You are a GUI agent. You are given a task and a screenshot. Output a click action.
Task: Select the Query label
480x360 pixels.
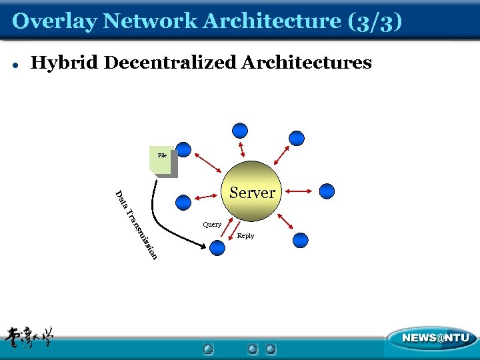(x=212, y=225)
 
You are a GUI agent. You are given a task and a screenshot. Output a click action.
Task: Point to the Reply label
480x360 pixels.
(x=245, y=236)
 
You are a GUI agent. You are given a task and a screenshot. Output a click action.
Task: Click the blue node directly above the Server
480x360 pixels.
(x=240, y=131)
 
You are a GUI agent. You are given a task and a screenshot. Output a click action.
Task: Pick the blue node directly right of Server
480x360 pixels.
(x=327, y=191)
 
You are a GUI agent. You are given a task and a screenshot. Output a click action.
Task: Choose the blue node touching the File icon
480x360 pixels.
(x=183, y=149)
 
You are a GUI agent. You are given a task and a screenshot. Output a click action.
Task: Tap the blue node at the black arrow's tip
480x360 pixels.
(x=218, y=248)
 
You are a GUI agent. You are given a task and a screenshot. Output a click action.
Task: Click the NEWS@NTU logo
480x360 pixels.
(x=431, y=339)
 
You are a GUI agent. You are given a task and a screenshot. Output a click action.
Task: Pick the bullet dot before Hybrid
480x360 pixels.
(x=15, y=65)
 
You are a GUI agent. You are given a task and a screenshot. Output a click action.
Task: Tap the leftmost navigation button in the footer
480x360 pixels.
(x=209, y=349)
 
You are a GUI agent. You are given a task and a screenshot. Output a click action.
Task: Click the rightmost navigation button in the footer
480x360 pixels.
(x=271, y=349)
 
